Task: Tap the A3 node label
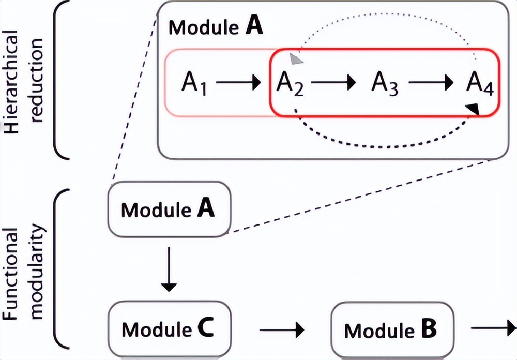385,83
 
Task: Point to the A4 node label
479,83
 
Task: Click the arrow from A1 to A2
238,82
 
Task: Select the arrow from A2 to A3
333,82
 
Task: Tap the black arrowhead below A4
472,109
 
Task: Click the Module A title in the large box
216,26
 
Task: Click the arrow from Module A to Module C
169,269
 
